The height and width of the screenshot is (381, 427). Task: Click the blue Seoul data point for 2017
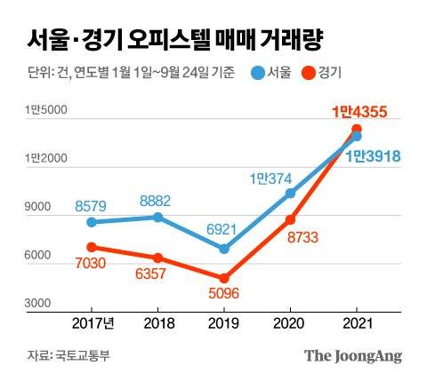[93, 222]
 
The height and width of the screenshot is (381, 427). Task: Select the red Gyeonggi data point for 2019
[224, 278]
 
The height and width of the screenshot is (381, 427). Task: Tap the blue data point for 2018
[158, 217]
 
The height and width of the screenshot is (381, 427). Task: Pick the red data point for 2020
[290, 218]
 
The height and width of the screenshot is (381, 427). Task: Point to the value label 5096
[224, 296]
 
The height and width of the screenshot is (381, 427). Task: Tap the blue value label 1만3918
[371, 156]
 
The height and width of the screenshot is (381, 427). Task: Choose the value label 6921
[224, 229]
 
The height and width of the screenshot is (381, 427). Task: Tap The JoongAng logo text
[353, 356]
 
